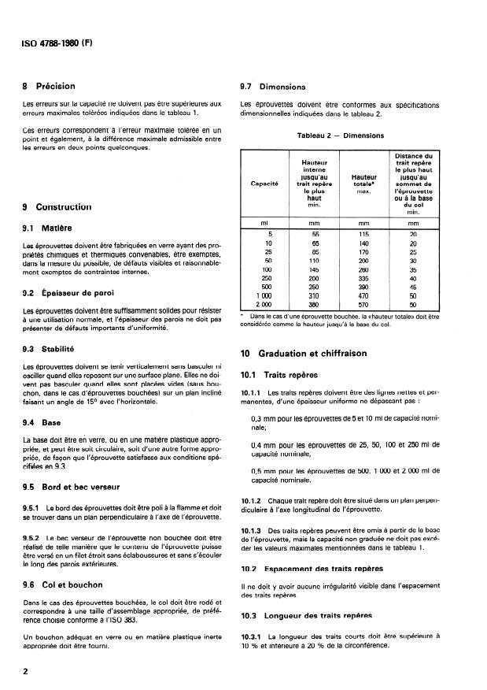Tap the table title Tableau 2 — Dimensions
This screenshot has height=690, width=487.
pos(340,136)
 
